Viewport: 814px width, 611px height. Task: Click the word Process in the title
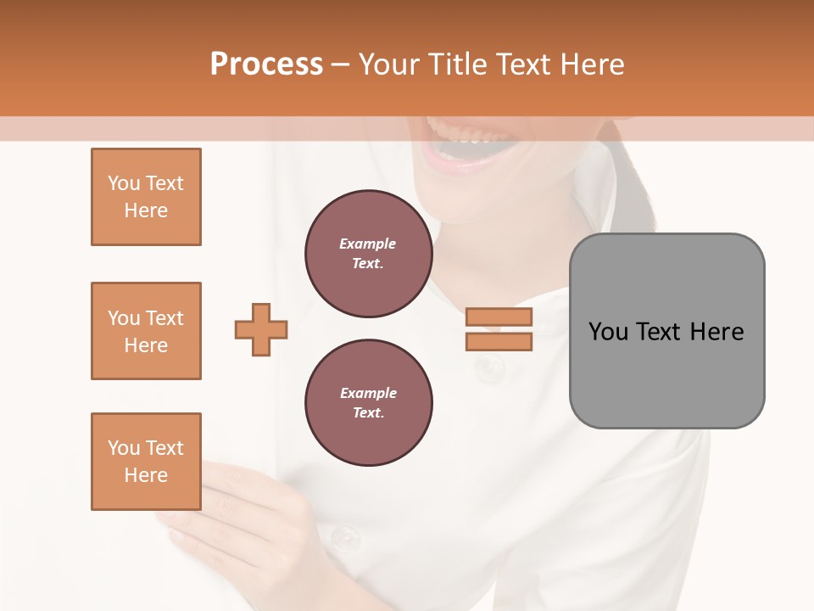click(x=266, y=64)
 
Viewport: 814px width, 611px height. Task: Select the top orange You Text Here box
click(x=146, y=197)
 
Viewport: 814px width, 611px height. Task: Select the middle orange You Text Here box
click(x=146, y=331)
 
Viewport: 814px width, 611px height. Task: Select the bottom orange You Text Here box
click(x=146, y=462)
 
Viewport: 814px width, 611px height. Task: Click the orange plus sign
click(x=261, y=329)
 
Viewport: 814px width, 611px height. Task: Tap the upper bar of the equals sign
click(x=499, y=317)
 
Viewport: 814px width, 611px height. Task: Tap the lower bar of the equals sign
click(x=499, y=341)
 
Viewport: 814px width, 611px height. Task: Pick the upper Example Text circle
click(x=368, y=254)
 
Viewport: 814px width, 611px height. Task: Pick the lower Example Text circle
click(x=368, y=403)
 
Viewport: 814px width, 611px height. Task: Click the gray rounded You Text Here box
click(x=666, y=331)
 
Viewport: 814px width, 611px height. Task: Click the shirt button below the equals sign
click(x=489, y=368)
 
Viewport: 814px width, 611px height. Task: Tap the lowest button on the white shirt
click(x=345, y=536)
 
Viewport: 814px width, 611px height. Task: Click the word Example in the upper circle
click(x=368, y=244)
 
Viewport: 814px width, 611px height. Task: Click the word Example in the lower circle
click(x=368, y=393)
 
